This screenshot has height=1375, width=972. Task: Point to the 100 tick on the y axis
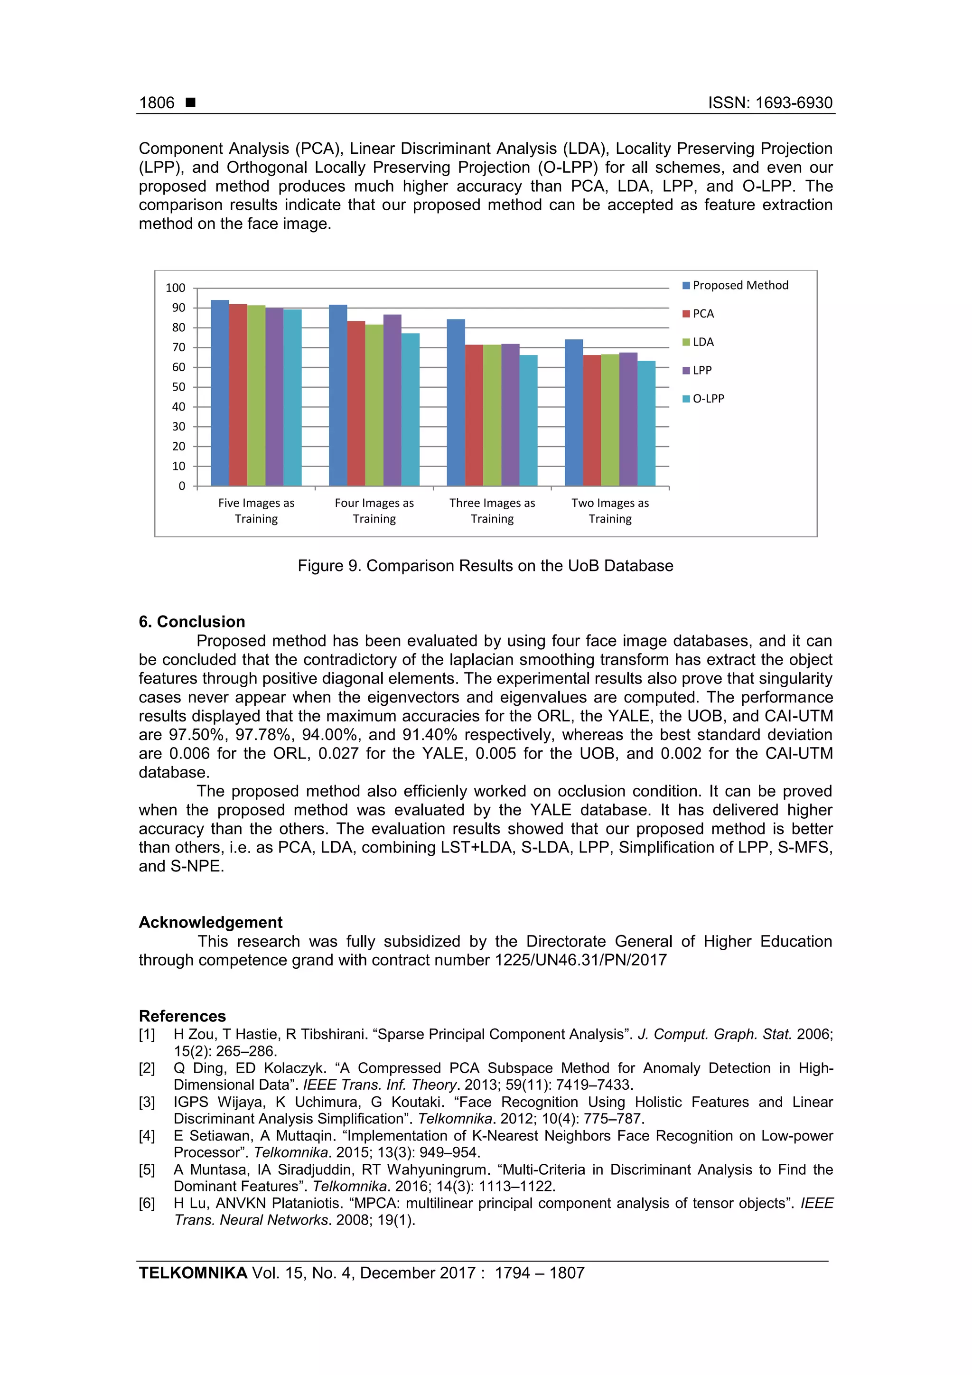pyautogui.click(x=176, y=288)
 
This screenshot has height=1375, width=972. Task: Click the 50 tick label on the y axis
pyautogui.click(x=178, y=387)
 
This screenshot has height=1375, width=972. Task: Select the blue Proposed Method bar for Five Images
pyautogui.click(x=220, y=393)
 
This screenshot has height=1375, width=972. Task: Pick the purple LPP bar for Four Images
pyautogui.click(x=393, y=400)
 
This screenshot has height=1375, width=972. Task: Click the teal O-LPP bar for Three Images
pyautogui.click(x=528, y=421)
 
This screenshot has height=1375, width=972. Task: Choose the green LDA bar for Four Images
pyautogui.click(x=374, y=405)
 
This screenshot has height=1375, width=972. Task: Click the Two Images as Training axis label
pyautogui.click(x=610, y=511)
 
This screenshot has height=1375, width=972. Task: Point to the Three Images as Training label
pyautogui.click(x=492, y=511)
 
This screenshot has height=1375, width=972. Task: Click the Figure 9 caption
pyautogui.click(x=485, y=566)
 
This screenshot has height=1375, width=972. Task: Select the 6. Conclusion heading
pyautogui.click(x=192, y=622)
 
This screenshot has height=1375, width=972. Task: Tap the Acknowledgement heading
pyautogui.click(x=210, y=922)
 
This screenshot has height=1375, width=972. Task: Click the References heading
pyautogui.click(x=182, y=1016)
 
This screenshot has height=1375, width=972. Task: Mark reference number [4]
pyautogui.click(x=147, y=1136)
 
